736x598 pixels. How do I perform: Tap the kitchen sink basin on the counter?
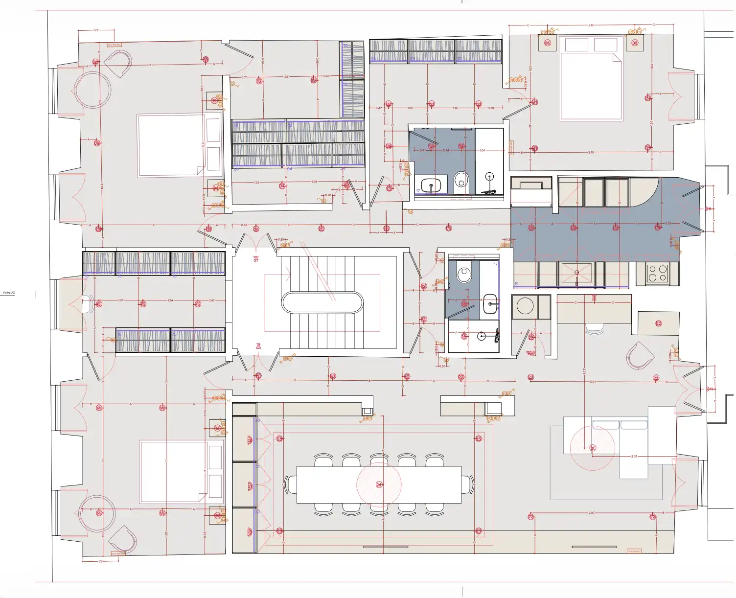point(576,273)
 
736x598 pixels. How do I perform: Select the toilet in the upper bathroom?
point(461,181)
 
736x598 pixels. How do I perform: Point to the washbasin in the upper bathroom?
point(431,185)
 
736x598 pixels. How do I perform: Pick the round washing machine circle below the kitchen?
point(525,306)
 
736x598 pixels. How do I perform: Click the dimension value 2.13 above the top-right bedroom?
point(591,25)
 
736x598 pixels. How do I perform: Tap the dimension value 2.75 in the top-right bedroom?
point(591,152)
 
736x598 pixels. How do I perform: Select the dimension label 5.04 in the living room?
point(593,382)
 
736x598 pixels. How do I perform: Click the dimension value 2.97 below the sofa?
point(591,513)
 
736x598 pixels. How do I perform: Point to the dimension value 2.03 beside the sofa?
point(634,456)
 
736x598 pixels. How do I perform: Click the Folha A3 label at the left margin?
point(9,293)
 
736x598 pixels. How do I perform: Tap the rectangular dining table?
point(379,484)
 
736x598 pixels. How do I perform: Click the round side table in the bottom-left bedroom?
point(97,513)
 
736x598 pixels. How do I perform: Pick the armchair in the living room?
point(640,356)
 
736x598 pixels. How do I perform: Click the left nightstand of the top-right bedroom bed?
point(548,43)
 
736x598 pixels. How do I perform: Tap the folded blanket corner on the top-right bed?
point(617,58)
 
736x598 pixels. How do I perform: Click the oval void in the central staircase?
point(322,302)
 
